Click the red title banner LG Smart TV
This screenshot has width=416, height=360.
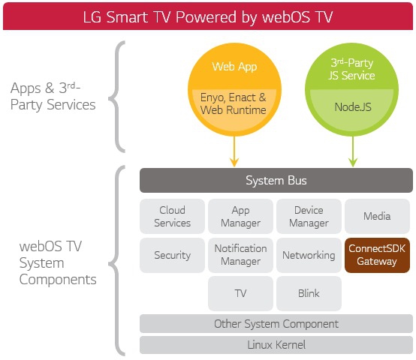pyautogui.click(x=208, y=16)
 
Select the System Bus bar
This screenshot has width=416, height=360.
pyautogui.click(x=276, y=181)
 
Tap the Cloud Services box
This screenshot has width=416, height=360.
pyautogui.click(x=172, y=216)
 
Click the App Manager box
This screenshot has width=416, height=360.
pyautogui.click(x=240, y=216)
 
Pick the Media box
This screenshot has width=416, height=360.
pyautogui.click(x=377, y=216)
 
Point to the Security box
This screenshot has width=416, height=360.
pyautogui.click(x=172, y=255)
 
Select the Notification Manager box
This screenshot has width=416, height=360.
pyautogui.click(x=240, y=255)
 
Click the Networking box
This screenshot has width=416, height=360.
pyautogui.click(x=309, y=255)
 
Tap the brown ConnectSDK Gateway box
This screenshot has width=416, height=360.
pyautogui.click(x=377, y=255)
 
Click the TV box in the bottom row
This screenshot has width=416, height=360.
pyautogui.click(x=240, y=293)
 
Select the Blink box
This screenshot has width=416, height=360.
pyautogui.click(x=309, y=293)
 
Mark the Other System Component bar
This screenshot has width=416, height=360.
pyautogui.click(x=276, y=324)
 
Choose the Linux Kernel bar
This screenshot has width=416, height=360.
pyautogui.click(x=276, y=345)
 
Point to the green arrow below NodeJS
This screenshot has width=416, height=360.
pyautogui.click(x=352, y=152)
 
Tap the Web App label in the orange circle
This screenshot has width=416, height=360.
pyautogui.click(x=234, y=67)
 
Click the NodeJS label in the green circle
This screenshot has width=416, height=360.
pyautogui.click(x=352, y=107)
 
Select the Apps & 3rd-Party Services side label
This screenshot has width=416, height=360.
pyautogui.click(x=53, y=97)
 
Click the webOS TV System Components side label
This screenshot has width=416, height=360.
pyautogui.click(x=58, y=263)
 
